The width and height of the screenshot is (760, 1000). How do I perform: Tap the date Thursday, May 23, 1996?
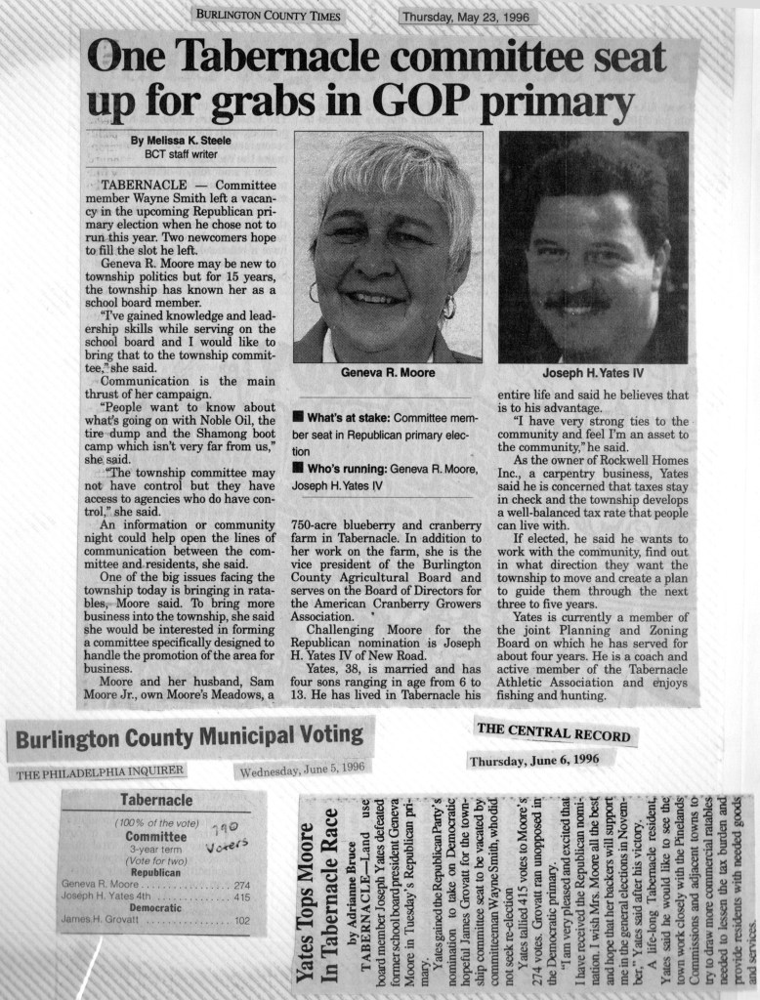click(467, 16)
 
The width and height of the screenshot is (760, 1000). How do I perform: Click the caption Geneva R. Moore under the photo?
click(387, 372)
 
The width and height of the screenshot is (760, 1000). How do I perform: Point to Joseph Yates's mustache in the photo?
click(578, 300)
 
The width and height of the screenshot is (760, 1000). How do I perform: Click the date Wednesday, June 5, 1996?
click(302, 769)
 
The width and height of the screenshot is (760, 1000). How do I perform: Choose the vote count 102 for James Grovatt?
click(242, 919)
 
